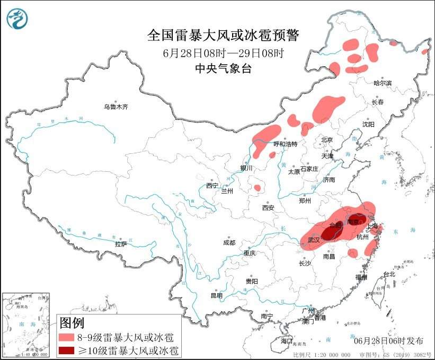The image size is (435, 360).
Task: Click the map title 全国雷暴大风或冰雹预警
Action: (x=223, y=36)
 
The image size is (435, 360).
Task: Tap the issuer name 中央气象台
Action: (x=223, y=68)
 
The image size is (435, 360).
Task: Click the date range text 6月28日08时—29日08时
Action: (x=223, y=52)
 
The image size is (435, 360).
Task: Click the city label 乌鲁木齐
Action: (x=116, y=107)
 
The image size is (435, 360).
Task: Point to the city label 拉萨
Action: (x=120, y=244)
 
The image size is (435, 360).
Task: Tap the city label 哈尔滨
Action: (x=382, y=83)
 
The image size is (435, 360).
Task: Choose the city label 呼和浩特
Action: (x=285, y=144)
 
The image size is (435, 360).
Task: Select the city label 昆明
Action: (x=217, y=295)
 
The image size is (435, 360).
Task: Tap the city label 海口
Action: (x=287, y=340)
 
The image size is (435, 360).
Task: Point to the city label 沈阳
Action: (x=368, y=124)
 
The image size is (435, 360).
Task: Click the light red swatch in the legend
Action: (x=66, y=337)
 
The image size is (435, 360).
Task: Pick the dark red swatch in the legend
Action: (x=66, y=350)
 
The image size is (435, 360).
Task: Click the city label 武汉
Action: (x=313, y=240)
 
